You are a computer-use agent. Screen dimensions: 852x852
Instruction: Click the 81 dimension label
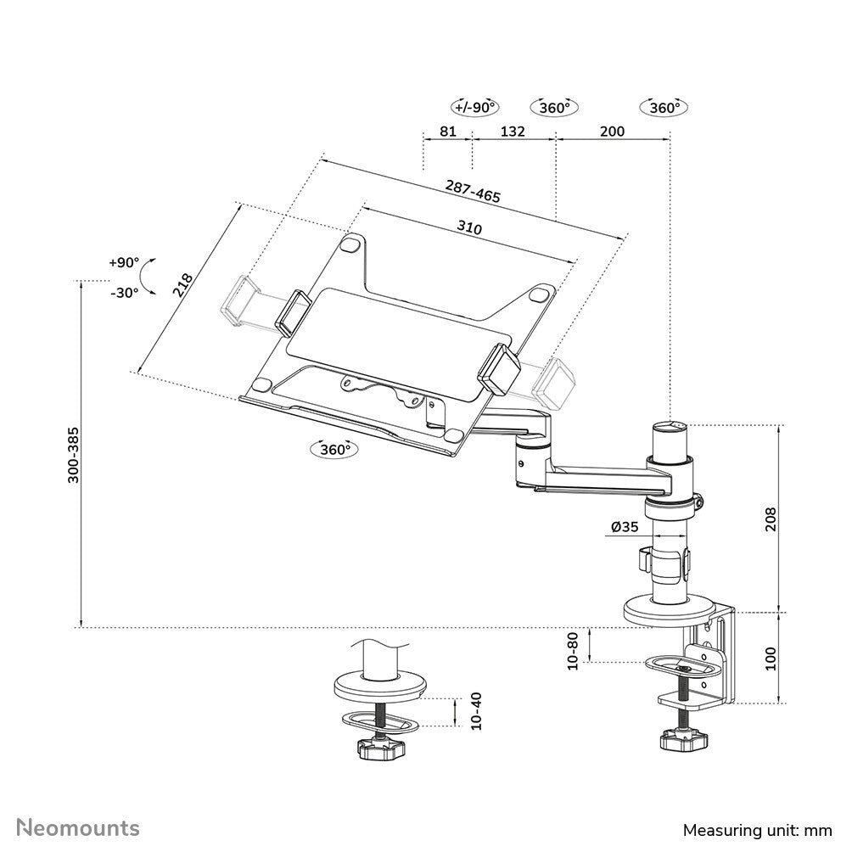coord(449,132)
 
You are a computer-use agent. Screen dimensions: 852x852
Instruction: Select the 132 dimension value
coord(513,132)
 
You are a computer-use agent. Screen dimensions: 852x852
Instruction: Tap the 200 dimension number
coord(612,132)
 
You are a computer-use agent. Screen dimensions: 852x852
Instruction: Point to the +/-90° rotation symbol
coord(474,108)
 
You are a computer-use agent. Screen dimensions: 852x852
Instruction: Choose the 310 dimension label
coord(468,227)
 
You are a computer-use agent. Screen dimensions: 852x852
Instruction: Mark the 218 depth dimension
coord(183,284)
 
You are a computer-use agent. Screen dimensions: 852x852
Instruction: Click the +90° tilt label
coord(123,262)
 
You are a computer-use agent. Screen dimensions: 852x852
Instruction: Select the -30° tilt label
coord(124,292)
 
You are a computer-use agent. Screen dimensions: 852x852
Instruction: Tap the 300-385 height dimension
coord(74,455)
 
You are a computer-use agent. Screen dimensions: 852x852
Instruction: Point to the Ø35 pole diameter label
coord(624,527)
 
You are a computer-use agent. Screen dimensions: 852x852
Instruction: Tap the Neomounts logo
coord(79,827)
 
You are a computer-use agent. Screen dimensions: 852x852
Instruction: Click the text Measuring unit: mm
coord(758,829)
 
